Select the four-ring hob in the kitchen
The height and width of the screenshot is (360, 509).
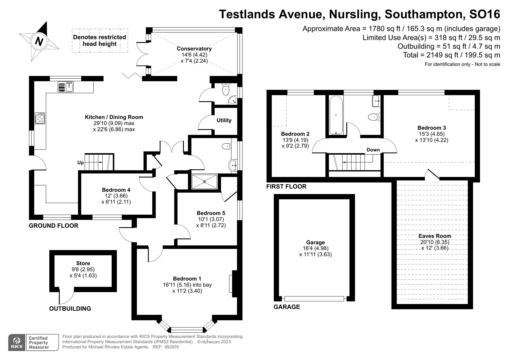(40, 118)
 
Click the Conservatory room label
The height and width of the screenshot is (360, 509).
(194, 49)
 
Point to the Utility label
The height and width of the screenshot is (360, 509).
(224, 120)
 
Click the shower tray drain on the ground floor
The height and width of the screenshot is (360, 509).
(204, 182)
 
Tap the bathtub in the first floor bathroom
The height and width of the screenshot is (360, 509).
(336, 115)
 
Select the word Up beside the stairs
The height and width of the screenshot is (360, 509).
(80, 162)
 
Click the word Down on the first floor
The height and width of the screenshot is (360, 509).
(373, 150)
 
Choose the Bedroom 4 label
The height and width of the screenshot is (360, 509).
(116, 190)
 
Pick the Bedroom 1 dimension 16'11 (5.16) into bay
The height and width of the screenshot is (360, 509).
(187, 285)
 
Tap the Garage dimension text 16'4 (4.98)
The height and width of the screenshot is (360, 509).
(315, 248)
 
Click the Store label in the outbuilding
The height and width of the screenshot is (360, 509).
(83, 263)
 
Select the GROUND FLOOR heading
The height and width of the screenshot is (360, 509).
(53, 226)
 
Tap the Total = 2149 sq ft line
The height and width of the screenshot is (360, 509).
(451, 55)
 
